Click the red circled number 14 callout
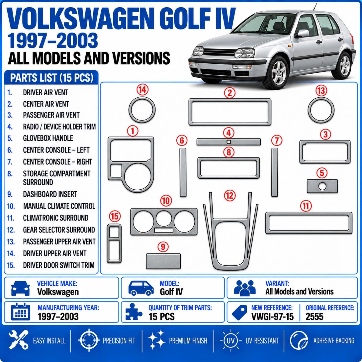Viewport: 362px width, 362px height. coord(142,90)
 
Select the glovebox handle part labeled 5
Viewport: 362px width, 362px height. coord(322,186)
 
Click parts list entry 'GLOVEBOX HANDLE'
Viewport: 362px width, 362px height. coord(48,138)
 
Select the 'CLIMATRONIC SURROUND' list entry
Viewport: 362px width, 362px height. coord(56,218)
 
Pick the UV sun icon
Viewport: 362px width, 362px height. coord(230,340)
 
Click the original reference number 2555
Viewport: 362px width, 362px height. coord(315,317)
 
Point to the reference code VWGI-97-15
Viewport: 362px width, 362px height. coord(273,317)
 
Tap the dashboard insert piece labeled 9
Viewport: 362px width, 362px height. coord(163,261)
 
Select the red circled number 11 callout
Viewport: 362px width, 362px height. coord(306,206)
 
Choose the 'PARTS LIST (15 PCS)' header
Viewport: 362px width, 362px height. coord(52,78)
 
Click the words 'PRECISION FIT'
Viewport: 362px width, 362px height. coord(119,341)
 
